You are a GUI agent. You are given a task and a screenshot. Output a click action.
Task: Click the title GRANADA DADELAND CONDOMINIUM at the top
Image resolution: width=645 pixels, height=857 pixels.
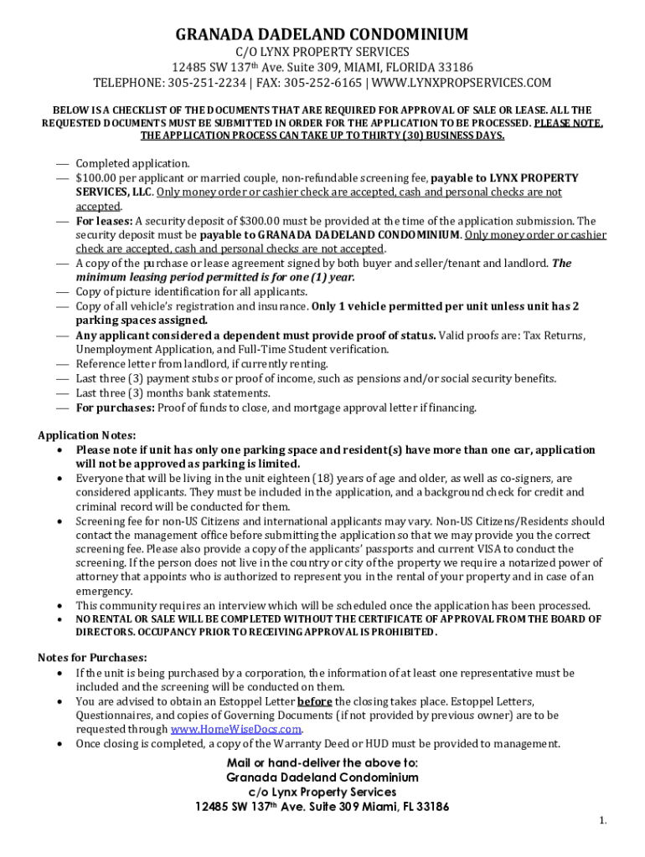tap(322, 34)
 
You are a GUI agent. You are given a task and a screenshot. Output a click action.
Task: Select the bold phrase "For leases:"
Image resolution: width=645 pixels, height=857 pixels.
tap(104, 221)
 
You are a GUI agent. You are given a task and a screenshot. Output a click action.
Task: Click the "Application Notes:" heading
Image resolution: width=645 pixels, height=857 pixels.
tap(86, 435)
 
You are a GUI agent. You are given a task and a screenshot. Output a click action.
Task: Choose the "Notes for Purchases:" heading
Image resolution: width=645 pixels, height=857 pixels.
tap(92, 657)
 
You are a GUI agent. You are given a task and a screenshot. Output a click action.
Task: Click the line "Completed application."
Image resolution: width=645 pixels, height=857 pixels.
tap(132, 163)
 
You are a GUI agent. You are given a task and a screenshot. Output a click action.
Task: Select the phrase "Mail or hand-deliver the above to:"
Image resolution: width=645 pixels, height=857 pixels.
tap(322, 762)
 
